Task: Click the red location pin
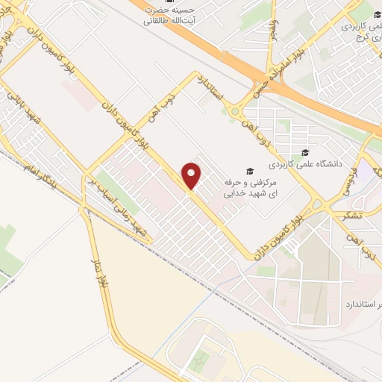[x=192, y=176]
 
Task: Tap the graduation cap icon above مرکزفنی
[x=251, y=171]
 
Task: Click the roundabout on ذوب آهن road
[x=238, y=112]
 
